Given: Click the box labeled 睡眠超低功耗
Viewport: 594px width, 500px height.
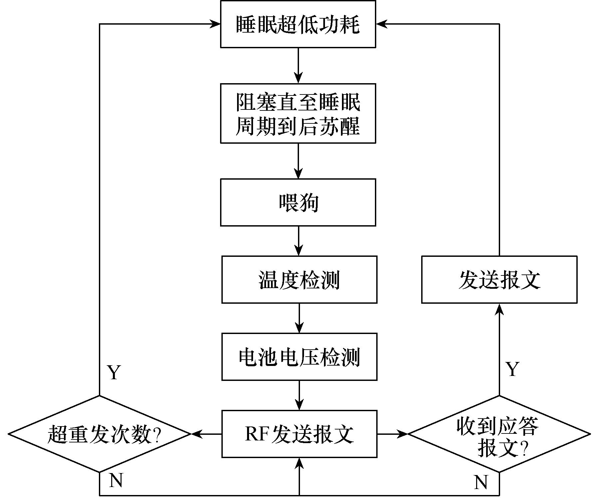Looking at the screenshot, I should coord(298,24).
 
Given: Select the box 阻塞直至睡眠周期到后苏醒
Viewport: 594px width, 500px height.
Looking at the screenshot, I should coord(298,113).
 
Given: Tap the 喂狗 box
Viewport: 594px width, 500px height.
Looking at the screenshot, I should coord(298,202).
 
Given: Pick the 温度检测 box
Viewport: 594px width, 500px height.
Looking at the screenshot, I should coord(299,279).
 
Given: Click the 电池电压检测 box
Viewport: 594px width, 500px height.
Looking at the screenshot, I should coord(299,357).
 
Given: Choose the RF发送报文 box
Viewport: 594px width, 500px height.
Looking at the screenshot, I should coord(299,434).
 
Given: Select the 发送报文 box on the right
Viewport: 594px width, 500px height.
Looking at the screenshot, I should coord(499,279).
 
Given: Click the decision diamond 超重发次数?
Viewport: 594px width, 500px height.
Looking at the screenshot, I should coord(100,434).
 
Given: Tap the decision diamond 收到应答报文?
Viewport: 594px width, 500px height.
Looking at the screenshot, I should coord(499,434).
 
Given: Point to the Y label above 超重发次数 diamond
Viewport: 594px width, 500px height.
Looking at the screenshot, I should coord(114,373).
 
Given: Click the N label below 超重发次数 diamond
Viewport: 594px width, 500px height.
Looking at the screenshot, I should coord(116,480).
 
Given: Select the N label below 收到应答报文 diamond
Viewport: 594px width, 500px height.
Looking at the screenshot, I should coord(480,482).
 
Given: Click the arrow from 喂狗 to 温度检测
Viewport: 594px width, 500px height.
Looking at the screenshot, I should coord(299,241).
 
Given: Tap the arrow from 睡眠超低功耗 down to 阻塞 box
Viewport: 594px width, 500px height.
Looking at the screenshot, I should coord(298,65).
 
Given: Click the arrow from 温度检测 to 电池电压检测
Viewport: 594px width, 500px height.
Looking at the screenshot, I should coord(299,318).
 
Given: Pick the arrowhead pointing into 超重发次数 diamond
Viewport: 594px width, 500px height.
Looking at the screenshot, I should coord(197,434).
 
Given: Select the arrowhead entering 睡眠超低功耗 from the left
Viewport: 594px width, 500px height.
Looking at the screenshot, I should coord(215,24).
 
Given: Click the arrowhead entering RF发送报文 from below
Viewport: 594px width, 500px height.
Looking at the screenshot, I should coord(299,463).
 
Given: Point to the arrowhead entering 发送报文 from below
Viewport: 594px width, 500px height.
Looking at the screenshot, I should coord(499,309).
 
